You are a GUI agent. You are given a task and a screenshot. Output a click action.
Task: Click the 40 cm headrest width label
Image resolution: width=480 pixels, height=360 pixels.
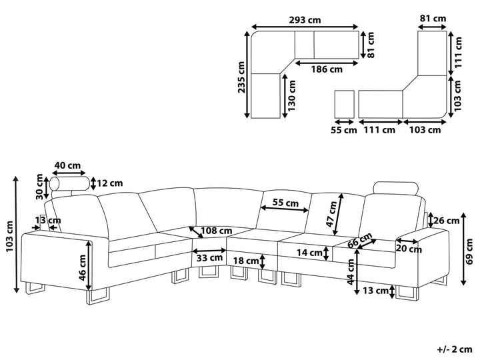tap(68, 166)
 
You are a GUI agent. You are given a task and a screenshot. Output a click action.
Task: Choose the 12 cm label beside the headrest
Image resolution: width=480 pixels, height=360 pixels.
tap(109, 183)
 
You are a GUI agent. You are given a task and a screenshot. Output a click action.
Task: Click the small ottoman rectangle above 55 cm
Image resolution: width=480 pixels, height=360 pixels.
tap(345, 103)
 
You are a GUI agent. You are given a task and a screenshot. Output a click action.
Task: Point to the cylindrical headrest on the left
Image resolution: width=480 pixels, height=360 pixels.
tap(69, 185)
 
